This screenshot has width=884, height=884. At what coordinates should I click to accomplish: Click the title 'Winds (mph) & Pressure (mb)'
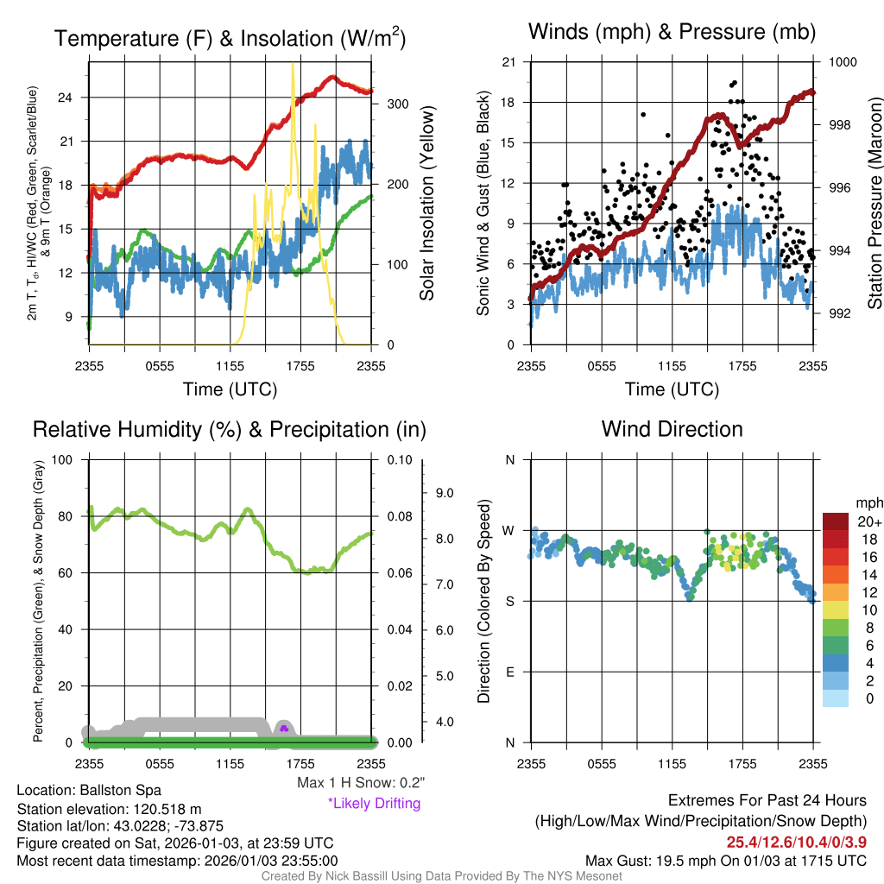coord(672,33)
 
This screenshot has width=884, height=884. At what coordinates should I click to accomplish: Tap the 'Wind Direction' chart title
coord(672,429)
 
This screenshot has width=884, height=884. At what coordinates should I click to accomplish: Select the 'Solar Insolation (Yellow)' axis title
coord(426,204)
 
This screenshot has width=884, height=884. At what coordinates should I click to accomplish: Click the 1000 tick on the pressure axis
coord(842,62)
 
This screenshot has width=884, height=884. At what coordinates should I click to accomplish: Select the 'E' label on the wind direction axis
coord(509,672)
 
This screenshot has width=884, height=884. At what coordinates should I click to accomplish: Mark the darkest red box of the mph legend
coord(836,521)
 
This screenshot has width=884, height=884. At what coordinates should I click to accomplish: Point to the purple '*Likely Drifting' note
coord(374,804)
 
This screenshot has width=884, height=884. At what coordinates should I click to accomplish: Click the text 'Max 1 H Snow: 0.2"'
coord(361,783)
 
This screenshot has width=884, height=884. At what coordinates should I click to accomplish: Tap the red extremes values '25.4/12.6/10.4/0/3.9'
coord(796,843)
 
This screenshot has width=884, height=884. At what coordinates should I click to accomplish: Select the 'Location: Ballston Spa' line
coord(89,790)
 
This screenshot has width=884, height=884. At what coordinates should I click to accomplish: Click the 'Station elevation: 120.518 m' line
coord(109,809)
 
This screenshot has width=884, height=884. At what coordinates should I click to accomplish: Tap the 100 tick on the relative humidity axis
coord(61,459)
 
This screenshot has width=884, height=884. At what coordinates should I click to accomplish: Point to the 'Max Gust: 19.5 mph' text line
coord(725,860)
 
